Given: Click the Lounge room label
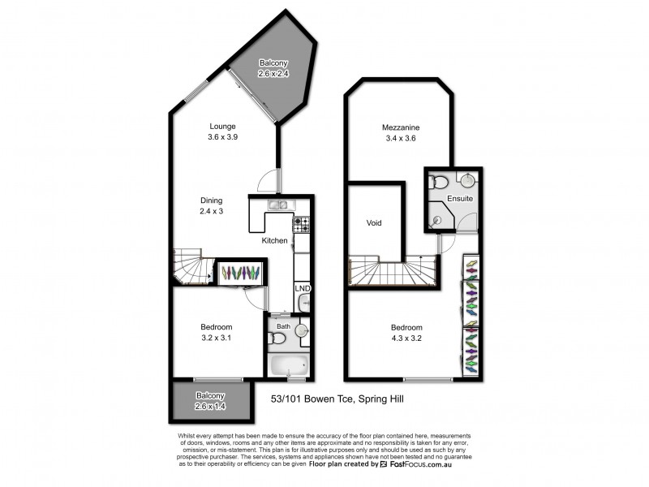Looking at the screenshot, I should tap(222, 126).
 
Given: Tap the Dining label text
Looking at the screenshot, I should tap(212, 200).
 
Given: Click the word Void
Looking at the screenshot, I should tap(374, 222).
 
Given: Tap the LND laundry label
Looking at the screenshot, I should tap(303, 288).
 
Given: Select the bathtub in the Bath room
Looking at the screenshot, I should tap(289, 365).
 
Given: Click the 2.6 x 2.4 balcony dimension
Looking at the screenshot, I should tap(273, 74).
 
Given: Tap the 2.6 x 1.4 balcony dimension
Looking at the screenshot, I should tap(210, 407).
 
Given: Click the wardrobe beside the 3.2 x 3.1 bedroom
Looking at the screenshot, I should tap(241, 274).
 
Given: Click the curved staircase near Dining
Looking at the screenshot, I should tap(191, 267).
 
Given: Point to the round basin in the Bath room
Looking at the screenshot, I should tap(301, 331).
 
